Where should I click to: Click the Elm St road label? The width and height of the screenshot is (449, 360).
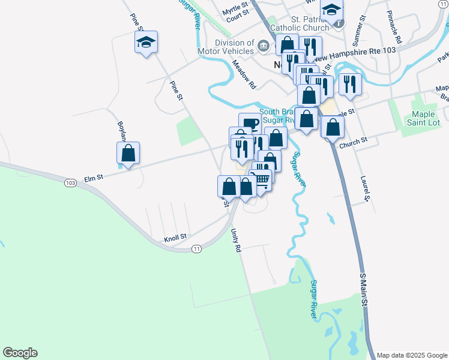(x=94, y=178)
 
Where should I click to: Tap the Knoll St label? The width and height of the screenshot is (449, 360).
(x=176, y=238)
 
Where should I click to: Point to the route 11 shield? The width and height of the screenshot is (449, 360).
(x=196, y=248)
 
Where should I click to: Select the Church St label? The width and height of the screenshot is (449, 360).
(x=353, y=142)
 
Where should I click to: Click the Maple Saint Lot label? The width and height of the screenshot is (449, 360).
(x=423, y=118)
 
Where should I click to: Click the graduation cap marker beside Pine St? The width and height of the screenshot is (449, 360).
(x=146, y=42)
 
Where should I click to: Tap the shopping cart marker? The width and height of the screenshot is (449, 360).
(x=262, y=179)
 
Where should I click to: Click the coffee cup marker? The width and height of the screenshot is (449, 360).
(x=250, y=123)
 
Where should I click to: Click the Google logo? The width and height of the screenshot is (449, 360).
(x=20, y=353)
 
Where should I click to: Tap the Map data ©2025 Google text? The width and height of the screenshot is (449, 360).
(x=412, y=355)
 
